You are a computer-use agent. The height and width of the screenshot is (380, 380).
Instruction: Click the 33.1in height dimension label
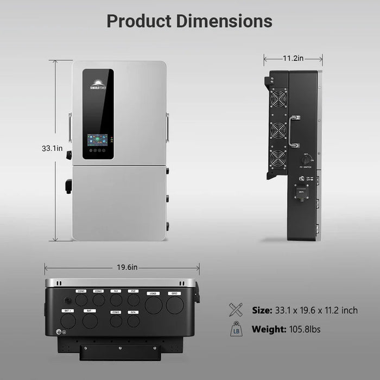tap(52, 148)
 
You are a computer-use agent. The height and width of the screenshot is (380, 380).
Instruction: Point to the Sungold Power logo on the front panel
tap(98, 84)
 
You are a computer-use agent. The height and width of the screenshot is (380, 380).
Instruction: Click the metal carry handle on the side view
tap(294, 131)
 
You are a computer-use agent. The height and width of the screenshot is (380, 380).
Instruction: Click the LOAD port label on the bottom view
tap(153, 293)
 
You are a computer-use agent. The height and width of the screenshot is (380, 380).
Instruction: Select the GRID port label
tap(175, 293)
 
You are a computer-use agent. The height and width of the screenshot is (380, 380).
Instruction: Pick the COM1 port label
tap(81, 292)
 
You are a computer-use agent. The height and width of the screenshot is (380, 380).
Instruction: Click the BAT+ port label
tap(67, 311)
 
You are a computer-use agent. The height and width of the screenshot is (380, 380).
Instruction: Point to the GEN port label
tap(133, 312)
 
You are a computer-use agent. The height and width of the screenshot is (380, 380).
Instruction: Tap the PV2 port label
tap(133, 292)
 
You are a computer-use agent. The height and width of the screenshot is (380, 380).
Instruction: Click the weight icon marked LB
tap(236, 330)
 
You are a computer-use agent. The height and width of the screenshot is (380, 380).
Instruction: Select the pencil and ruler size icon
tap(236, 310)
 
